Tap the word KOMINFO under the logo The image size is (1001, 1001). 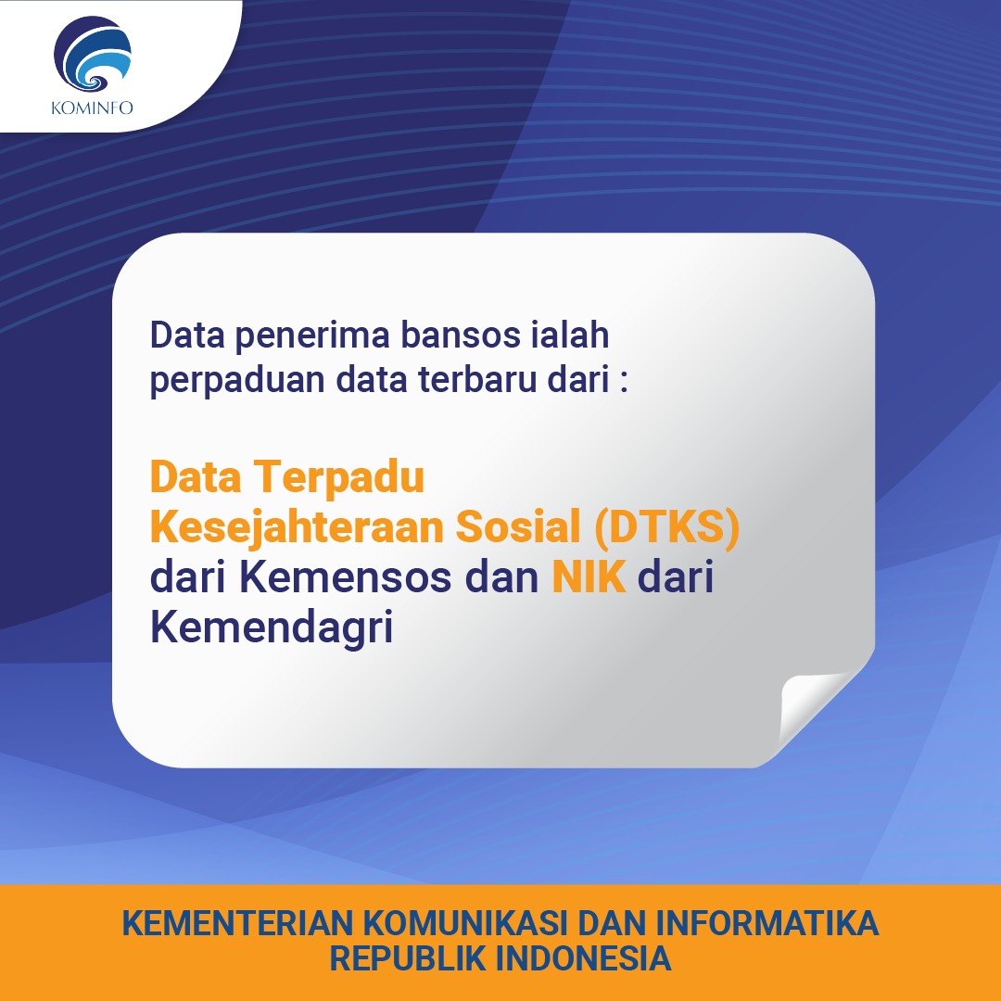click(x=93, y=108)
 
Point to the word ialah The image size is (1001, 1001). click(x=575, y=335)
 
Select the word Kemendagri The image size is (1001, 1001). click(x=272, y=627)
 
